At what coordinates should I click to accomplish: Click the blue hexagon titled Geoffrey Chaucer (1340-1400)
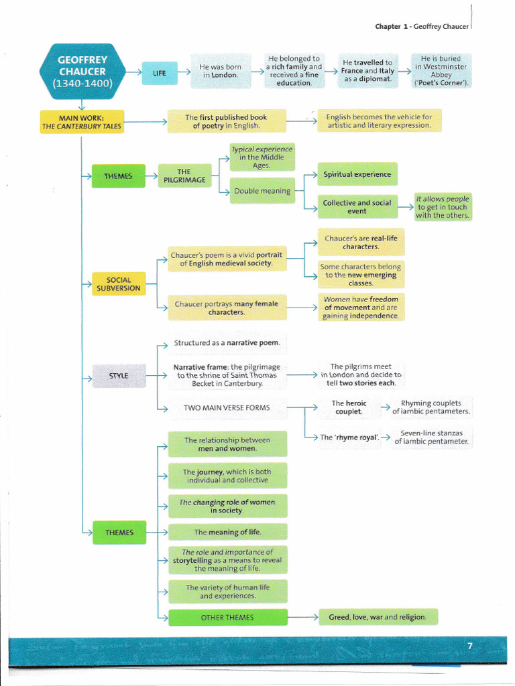pos(81,71)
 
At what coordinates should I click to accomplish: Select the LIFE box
pos(160,72)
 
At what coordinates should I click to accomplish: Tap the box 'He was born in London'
pos(221,71)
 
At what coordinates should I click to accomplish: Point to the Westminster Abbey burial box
pos(441,71)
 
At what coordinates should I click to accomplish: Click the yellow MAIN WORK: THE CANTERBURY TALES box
pos(82,122)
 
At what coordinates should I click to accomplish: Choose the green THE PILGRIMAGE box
pos(184,176)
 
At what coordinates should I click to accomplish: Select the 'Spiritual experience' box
pos(357,174)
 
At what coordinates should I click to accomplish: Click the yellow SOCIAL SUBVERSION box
pos(118,284)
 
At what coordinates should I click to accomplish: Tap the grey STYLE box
pos(118,376)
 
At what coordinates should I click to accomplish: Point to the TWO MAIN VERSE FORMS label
pos(227,407)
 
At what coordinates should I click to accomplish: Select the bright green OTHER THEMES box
pos(227,617)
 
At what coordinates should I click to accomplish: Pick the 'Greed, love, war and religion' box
pos(377,617)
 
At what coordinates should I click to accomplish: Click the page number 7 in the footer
pos(469,646)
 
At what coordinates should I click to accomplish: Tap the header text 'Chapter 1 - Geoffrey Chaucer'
pos(422,26)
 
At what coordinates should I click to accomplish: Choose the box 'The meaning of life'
pos(227,532)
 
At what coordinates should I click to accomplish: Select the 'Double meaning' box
pos(262,191)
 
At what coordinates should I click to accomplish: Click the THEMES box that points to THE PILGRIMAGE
pos(118,176)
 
